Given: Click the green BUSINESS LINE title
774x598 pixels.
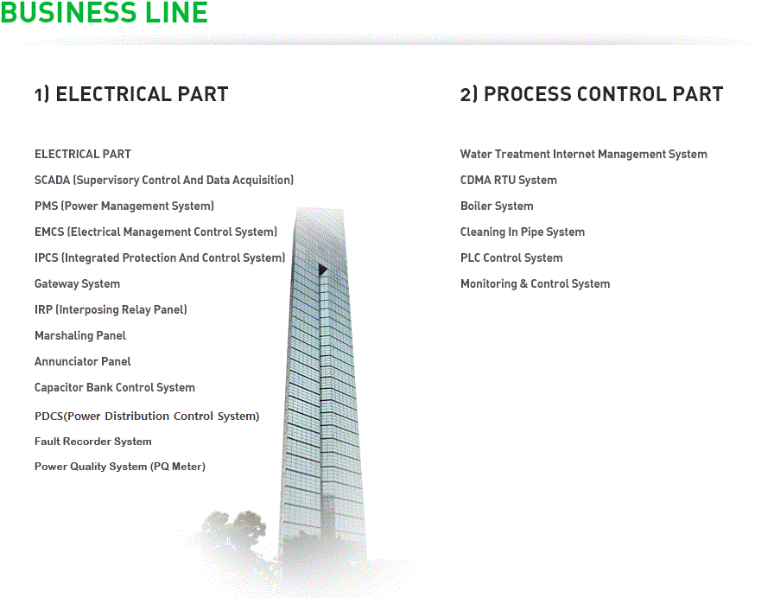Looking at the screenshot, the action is (105, 12).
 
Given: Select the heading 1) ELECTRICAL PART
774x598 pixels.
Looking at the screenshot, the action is (131, 94).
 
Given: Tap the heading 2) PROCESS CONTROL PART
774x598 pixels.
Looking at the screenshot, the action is (592, 94).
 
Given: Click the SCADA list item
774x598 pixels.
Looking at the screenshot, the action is (164, 181).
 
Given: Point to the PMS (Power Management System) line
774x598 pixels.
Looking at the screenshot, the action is (124, 206).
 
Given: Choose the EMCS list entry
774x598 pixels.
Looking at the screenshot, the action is (156, 232).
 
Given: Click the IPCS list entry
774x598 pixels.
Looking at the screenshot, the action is (160, 258).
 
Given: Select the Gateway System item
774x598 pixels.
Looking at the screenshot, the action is (77, 284).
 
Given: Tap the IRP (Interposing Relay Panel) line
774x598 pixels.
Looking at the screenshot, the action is (111, 309).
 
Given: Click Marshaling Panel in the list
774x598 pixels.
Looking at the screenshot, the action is (80, 336).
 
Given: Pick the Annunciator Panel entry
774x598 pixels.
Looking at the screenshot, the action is (82, 361).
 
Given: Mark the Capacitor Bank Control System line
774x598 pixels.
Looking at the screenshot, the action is (115, 388).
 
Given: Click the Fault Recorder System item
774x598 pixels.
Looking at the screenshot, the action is (92, 442).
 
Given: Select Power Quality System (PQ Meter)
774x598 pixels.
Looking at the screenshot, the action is (120, 467).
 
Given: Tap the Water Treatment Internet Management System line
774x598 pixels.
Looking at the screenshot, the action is (583, 154).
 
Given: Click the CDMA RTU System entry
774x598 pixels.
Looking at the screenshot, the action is (509, 181).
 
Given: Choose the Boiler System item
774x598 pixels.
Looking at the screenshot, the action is (497, 206).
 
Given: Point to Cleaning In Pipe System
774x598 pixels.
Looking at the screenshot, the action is (523, 232).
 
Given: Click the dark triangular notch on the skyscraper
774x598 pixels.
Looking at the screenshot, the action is (322, 270).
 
